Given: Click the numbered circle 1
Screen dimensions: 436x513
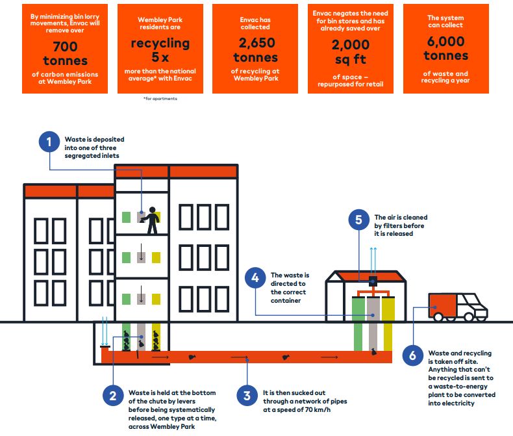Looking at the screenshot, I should (x=49, y=142).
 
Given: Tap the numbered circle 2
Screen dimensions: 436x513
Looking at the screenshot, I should (x=113, y=396).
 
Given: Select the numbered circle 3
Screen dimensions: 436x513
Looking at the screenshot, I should (x=247, y=396).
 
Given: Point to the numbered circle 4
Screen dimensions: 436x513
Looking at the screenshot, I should (x=256, y=279).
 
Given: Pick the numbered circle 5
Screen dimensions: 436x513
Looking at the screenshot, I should (x=358, y=220).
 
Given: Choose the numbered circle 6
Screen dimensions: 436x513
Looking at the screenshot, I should (x=412, y=355).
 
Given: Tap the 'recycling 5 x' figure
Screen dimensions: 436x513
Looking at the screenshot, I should (x=160, y=51).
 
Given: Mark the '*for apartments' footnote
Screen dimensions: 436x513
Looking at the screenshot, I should (x=160, y=99).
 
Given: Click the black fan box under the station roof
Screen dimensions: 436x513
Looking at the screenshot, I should (x=373, y=281).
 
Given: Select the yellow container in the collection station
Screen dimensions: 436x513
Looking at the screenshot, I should (x=388, y=322).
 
